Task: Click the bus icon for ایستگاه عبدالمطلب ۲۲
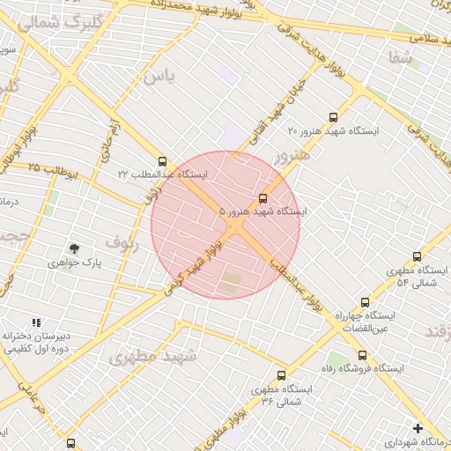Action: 162,161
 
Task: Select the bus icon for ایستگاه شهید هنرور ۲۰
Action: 332,116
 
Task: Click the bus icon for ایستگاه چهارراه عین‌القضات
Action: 365,302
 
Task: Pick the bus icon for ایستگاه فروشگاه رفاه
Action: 362,355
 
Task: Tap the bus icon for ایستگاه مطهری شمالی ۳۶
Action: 281,375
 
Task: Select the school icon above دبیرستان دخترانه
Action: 36,323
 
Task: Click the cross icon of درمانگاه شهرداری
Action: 418,428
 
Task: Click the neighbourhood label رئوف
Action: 122,240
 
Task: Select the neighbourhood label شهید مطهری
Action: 154,356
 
